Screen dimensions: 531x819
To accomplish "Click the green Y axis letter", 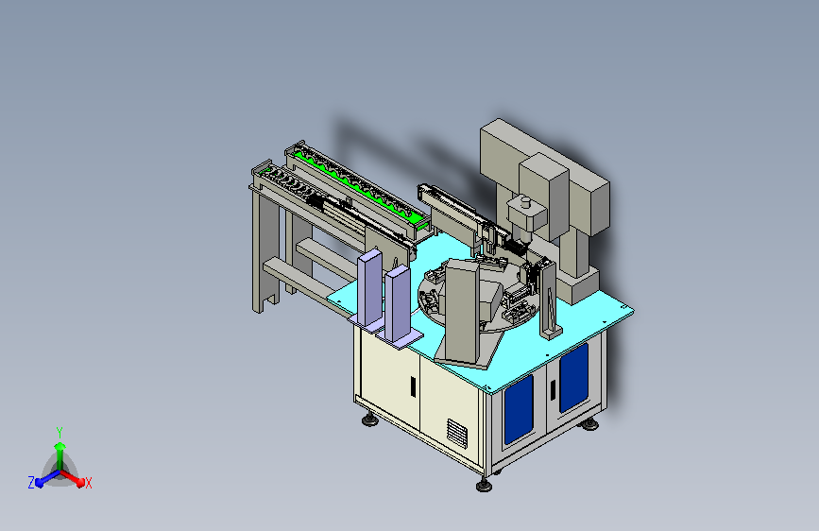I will click(59, 430).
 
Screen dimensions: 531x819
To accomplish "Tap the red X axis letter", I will click(89, 483).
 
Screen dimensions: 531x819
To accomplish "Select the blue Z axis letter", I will click(31, 482).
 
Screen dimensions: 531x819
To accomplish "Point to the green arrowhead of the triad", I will click(60, 446).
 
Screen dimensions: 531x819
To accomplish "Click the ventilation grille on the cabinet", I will click(457, 433).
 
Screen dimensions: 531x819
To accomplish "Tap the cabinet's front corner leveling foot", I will click(484, 485).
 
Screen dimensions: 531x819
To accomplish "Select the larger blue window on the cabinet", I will click(572, 376).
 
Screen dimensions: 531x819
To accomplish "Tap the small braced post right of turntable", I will click(549, 300).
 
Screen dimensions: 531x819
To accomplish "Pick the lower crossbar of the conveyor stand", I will click(298, 279).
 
